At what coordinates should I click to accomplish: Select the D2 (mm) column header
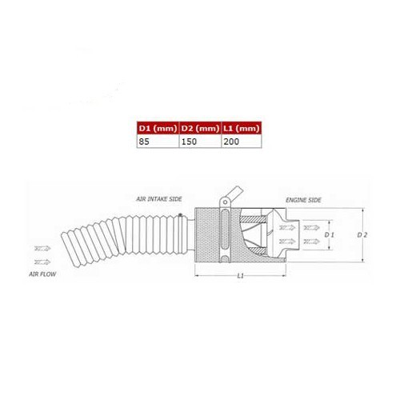[198, 126]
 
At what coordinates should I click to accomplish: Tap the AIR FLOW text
[42, 273]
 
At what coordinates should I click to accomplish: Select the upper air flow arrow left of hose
[41, 249]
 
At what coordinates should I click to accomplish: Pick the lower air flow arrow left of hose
[41, 261]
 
